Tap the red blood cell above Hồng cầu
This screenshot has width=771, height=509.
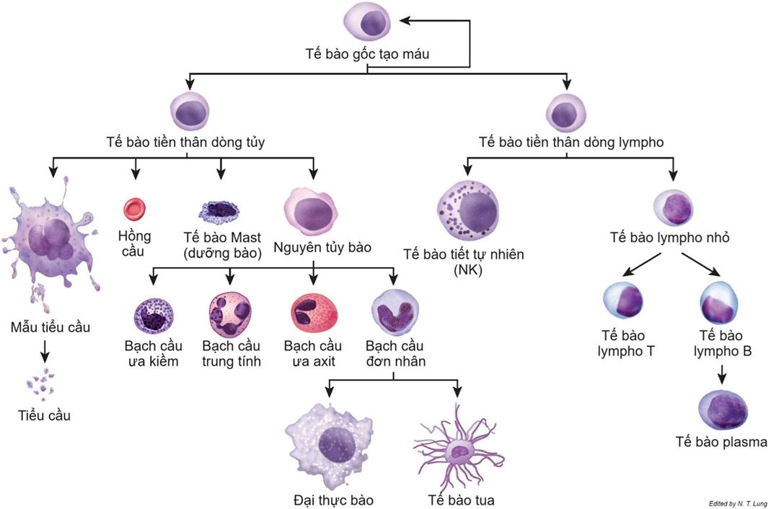click(134, 209)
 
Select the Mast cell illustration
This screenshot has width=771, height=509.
click(219, 210)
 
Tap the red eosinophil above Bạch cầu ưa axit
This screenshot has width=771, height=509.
click(313, 314)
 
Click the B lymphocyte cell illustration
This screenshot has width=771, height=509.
click(721, 303)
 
